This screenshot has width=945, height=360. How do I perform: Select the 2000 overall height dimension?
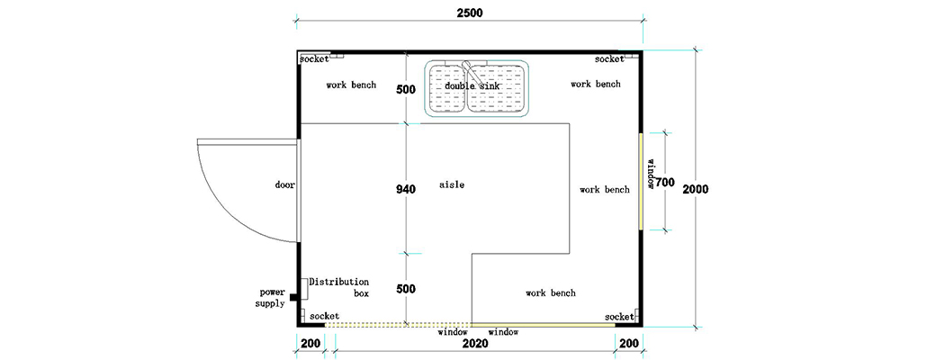(697, 190)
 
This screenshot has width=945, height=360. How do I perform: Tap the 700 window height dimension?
(665, 183)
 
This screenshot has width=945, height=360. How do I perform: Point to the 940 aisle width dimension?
(406, 190)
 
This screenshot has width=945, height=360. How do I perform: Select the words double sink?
(472, 85)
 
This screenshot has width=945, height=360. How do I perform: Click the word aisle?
(452, 184)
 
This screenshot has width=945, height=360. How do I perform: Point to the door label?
(285, 184)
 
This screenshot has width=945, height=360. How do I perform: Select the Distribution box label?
(339, 287)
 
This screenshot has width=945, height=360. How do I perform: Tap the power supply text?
(272, 298)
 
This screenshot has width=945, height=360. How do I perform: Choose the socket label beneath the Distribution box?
(324, 316)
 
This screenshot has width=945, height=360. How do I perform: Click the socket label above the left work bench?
(315, 58)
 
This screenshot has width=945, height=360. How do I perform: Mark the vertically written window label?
(650, 174)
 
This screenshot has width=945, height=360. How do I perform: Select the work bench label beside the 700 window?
(605, 190)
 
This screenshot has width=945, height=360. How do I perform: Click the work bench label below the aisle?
(551, 293)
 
